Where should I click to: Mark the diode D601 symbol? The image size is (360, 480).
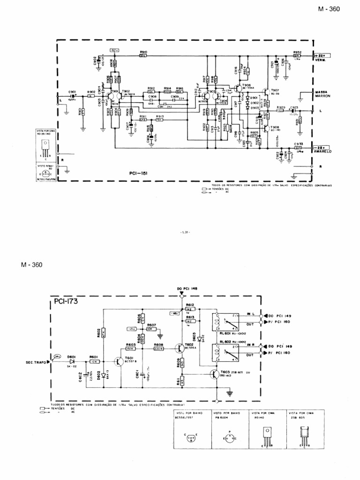tap(72, 361)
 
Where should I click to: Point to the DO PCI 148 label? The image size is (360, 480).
tap(187, 289)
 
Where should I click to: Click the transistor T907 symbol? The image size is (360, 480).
tap(266, 92)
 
